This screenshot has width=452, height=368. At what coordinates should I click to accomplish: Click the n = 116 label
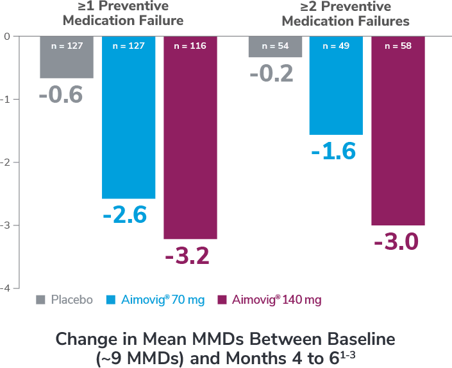pyautogui.click(x=190, y=46)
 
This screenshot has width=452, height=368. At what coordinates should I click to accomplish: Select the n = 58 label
pyautogui.click(x=398, y=46)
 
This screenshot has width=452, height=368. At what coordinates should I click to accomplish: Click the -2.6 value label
pyautogui.click(x=124, y=215)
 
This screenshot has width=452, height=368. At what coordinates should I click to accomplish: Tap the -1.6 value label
pyautogui.click(x=333, y=152)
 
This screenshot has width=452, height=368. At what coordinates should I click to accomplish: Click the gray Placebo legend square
pyautogui.click(x=40, y=300)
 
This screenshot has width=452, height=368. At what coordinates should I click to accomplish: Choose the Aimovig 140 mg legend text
pyautogui.click(x=276, y=300)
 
